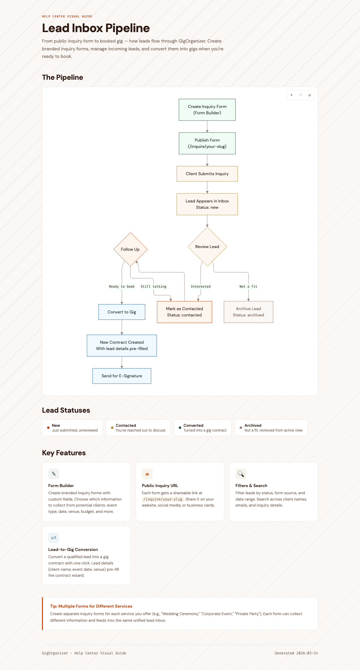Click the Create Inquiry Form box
point(207,110)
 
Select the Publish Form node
point(207,143)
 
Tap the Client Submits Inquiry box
point(207,174)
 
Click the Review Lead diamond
point(207,247)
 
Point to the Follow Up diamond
point(130,249)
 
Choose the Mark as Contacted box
point(184,312)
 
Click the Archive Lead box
point(248,312)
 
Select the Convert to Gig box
point(122,312)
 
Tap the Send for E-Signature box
point(122,376)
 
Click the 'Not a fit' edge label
point(248,286)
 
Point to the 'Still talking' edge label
point(153,286)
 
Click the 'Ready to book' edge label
point(122,286)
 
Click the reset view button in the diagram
point(309,95)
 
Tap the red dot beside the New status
point(48,428)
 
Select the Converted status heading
point(193,425)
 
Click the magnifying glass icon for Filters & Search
point(241,474)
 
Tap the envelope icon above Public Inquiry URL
point(147,474)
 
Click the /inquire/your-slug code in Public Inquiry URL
point(163,499)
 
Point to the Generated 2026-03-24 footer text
point(296,653)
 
